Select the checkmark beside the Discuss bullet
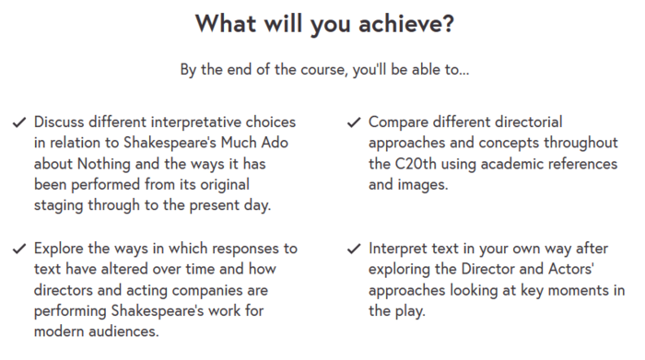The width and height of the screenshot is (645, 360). click(18, 122)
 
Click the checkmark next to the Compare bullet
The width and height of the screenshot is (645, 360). click(354, 122)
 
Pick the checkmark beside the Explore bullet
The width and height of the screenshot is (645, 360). click(18, 249)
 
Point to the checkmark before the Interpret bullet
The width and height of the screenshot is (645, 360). click(354, 249)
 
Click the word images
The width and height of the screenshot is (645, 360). click(424, 184)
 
